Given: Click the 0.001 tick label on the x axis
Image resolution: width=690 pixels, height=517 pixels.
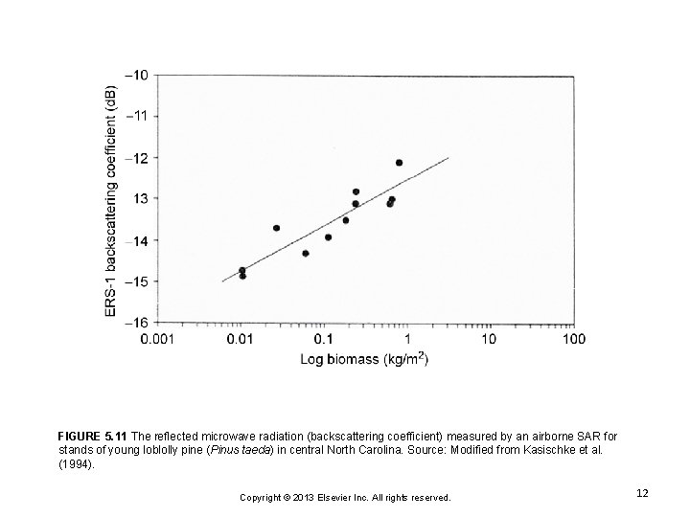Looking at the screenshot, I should click(x=158, y=338).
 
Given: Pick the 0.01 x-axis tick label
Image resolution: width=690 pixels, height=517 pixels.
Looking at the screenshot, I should click(x=242, y=338).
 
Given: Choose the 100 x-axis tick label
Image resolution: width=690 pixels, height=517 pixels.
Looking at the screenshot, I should click(x=572, y=338).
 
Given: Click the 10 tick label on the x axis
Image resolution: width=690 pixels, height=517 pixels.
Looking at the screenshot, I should click(x=489, y=338).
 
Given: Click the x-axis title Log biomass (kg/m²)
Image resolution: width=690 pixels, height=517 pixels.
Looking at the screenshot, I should click(x=365, y=360).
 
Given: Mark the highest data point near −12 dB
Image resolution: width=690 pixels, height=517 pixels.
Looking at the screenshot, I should click(x=399, y=163).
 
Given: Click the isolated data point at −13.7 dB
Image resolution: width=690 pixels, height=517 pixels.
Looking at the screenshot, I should click(x=276, y=228).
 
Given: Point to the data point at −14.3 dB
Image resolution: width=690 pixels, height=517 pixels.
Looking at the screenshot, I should click(x=305, y=253).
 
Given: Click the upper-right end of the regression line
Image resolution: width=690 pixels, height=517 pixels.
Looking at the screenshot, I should click(x=448, y=157).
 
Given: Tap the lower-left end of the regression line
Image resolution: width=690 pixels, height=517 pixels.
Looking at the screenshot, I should click(x=222, y=281).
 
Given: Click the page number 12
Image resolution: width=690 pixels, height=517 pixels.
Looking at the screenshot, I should click(x=642, y=492).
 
